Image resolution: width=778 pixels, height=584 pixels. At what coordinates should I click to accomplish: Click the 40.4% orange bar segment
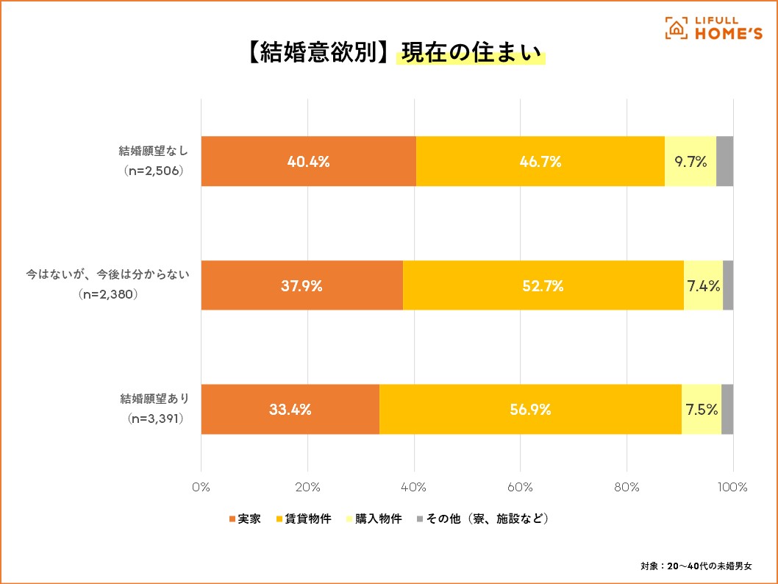point(308,161)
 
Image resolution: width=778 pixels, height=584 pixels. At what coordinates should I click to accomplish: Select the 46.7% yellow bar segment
point(540,161)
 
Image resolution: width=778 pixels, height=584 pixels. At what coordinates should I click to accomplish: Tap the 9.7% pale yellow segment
point(690,161)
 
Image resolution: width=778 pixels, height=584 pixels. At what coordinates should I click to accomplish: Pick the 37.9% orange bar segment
point(301,285)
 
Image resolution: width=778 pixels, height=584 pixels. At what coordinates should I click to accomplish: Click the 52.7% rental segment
point(543,285)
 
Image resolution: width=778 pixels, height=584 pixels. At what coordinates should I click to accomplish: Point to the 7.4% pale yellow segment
point(703,285)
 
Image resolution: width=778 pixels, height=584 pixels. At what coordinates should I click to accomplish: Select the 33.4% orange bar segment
point(290,410)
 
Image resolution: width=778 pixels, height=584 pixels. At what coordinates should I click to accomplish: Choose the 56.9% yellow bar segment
point(530,410)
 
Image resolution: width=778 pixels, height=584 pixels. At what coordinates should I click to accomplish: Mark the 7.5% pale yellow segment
point(702,410)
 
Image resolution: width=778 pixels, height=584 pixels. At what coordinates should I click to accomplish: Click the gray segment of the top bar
point(724,161)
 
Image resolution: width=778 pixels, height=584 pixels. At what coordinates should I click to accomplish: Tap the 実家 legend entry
point(245,519)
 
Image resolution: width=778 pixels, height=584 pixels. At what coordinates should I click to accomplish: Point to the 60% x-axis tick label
point(520,487)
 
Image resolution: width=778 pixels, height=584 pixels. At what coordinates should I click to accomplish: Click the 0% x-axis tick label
point(201,487)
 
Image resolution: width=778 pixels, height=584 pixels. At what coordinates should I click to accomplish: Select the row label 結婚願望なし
point(154,152)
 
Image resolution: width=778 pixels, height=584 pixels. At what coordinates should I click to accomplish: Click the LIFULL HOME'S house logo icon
point(675,28)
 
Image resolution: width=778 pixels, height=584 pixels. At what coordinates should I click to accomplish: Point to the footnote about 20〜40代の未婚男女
point(696,566)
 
